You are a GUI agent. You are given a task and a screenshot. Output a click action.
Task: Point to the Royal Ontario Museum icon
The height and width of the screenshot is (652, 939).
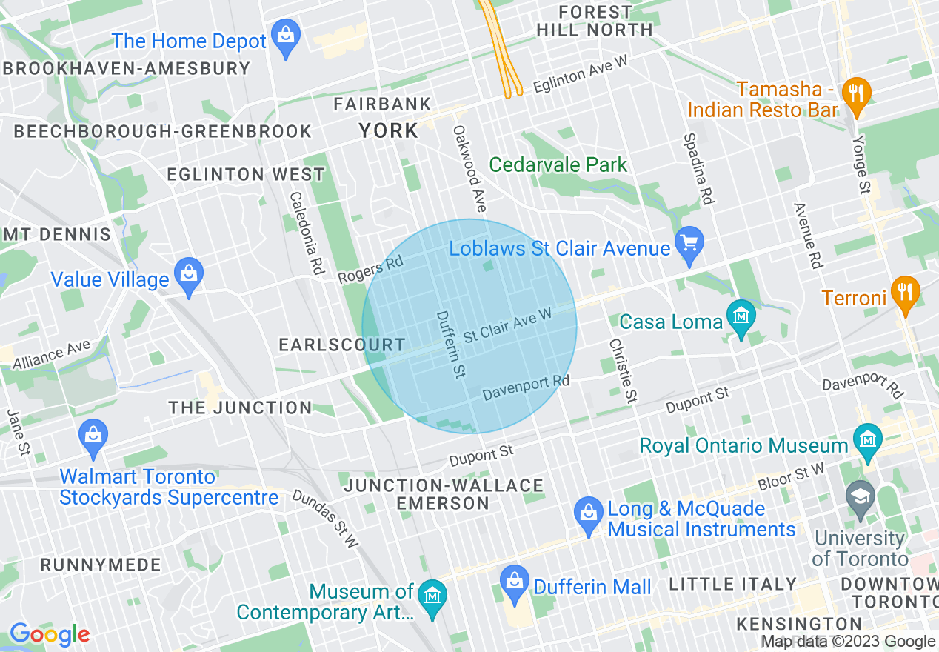click(866, 442)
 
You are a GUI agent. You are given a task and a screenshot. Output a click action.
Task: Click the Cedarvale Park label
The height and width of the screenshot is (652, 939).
click(558, 164)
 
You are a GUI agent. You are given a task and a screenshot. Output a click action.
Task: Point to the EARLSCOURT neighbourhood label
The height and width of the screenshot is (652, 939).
click(341, 345)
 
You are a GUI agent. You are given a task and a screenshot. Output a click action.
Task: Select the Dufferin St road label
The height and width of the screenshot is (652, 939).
click(450, 344)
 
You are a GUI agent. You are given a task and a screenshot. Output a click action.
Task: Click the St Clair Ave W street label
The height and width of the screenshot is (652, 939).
click(507, 326)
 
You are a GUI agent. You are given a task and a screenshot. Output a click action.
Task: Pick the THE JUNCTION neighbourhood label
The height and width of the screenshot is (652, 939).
click(240, 408)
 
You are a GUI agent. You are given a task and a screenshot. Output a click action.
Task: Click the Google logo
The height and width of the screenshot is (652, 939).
click(49, 634)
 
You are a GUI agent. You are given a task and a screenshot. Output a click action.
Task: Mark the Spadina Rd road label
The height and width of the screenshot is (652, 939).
click(699, 169)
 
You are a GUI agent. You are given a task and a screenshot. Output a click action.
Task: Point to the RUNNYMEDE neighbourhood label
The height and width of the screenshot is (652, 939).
click(101, 565)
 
